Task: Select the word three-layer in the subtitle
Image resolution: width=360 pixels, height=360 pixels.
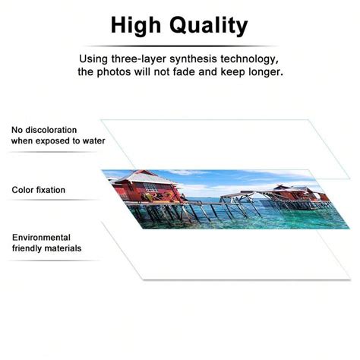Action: pos(158,58)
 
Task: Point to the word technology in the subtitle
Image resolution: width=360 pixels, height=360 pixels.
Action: pos(245,58)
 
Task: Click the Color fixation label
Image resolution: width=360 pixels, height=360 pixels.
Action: pos(38,190)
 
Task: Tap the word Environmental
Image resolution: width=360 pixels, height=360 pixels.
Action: pos(41,238)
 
